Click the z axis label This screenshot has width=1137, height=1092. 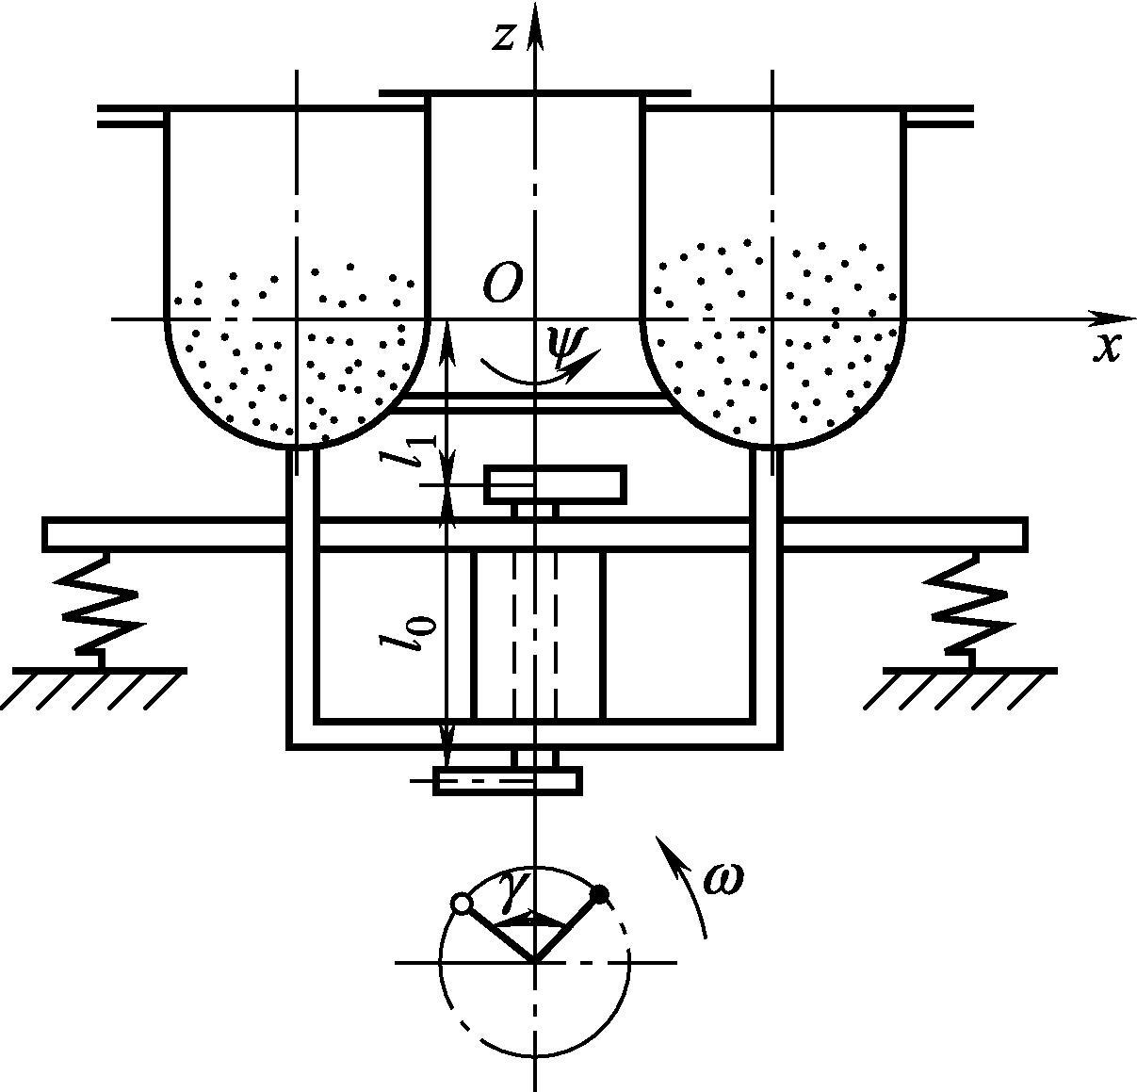(502, 38)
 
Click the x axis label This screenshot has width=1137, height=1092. (1107, 350)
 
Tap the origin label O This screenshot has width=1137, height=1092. (503, 284)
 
